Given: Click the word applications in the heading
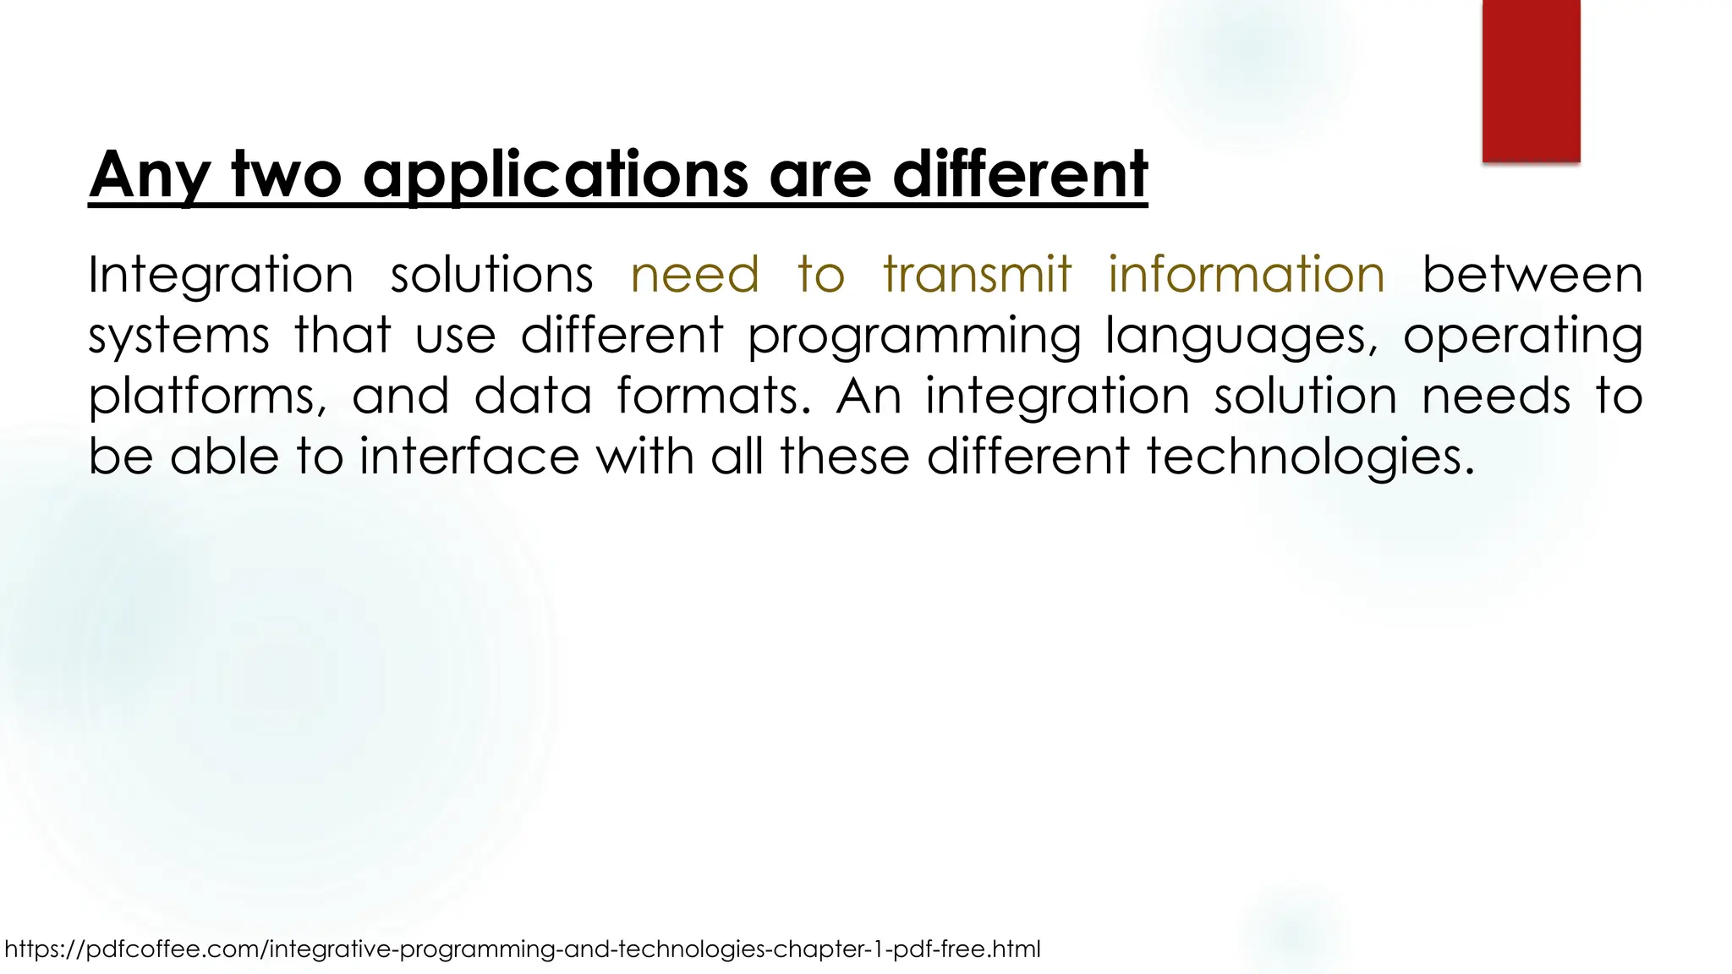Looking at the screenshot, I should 556,175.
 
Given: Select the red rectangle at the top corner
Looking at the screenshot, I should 1531,80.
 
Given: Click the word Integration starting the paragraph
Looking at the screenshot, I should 221,276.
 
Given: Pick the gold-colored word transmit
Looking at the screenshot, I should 977,276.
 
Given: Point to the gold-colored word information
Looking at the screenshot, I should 1247,276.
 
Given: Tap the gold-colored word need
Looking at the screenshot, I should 695,276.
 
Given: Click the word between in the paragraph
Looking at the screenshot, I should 1532,276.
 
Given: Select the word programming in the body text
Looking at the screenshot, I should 914,337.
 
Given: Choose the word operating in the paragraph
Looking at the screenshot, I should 1522,337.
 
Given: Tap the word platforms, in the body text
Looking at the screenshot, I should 208,397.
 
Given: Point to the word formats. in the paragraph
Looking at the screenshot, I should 714,396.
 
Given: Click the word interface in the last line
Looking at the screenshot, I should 469,457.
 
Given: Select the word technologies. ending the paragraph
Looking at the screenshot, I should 1310,457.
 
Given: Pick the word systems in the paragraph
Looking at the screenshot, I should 178,337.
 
